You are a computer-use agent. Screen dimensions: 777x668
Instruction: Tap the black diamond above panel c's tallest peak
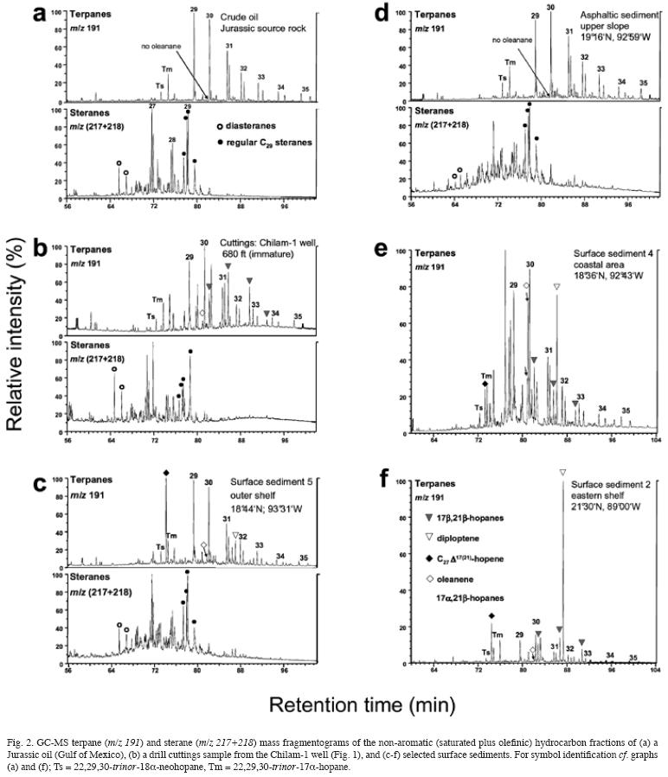pos(165,472)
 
